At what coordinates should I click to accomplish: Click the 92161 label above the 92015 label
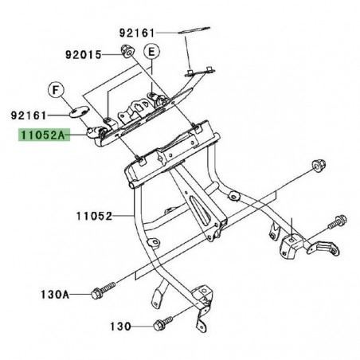click(x=137, y=34)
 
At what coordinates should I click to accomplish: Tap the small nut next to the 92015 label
click(x=126, y=53)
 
